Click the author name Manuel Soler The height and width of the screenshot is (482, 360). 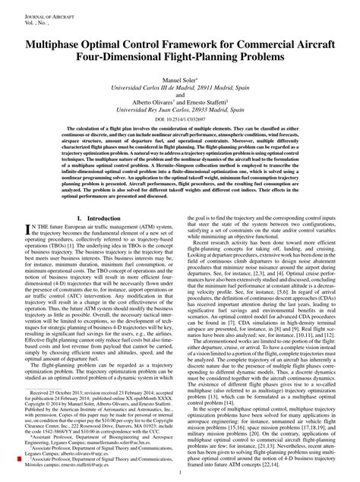click(x=179, y=79)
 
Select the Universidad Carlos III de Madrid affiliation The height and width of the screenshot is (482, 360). click(x=180, y=88)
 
